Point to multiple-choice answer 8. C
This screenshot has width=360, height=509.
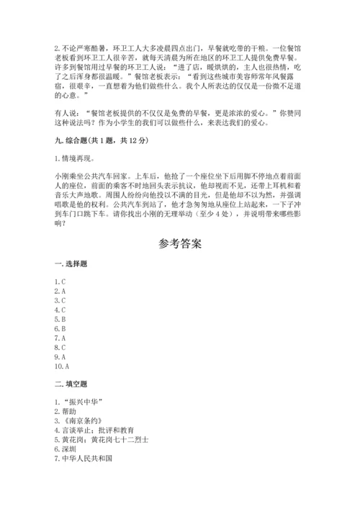60,347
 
